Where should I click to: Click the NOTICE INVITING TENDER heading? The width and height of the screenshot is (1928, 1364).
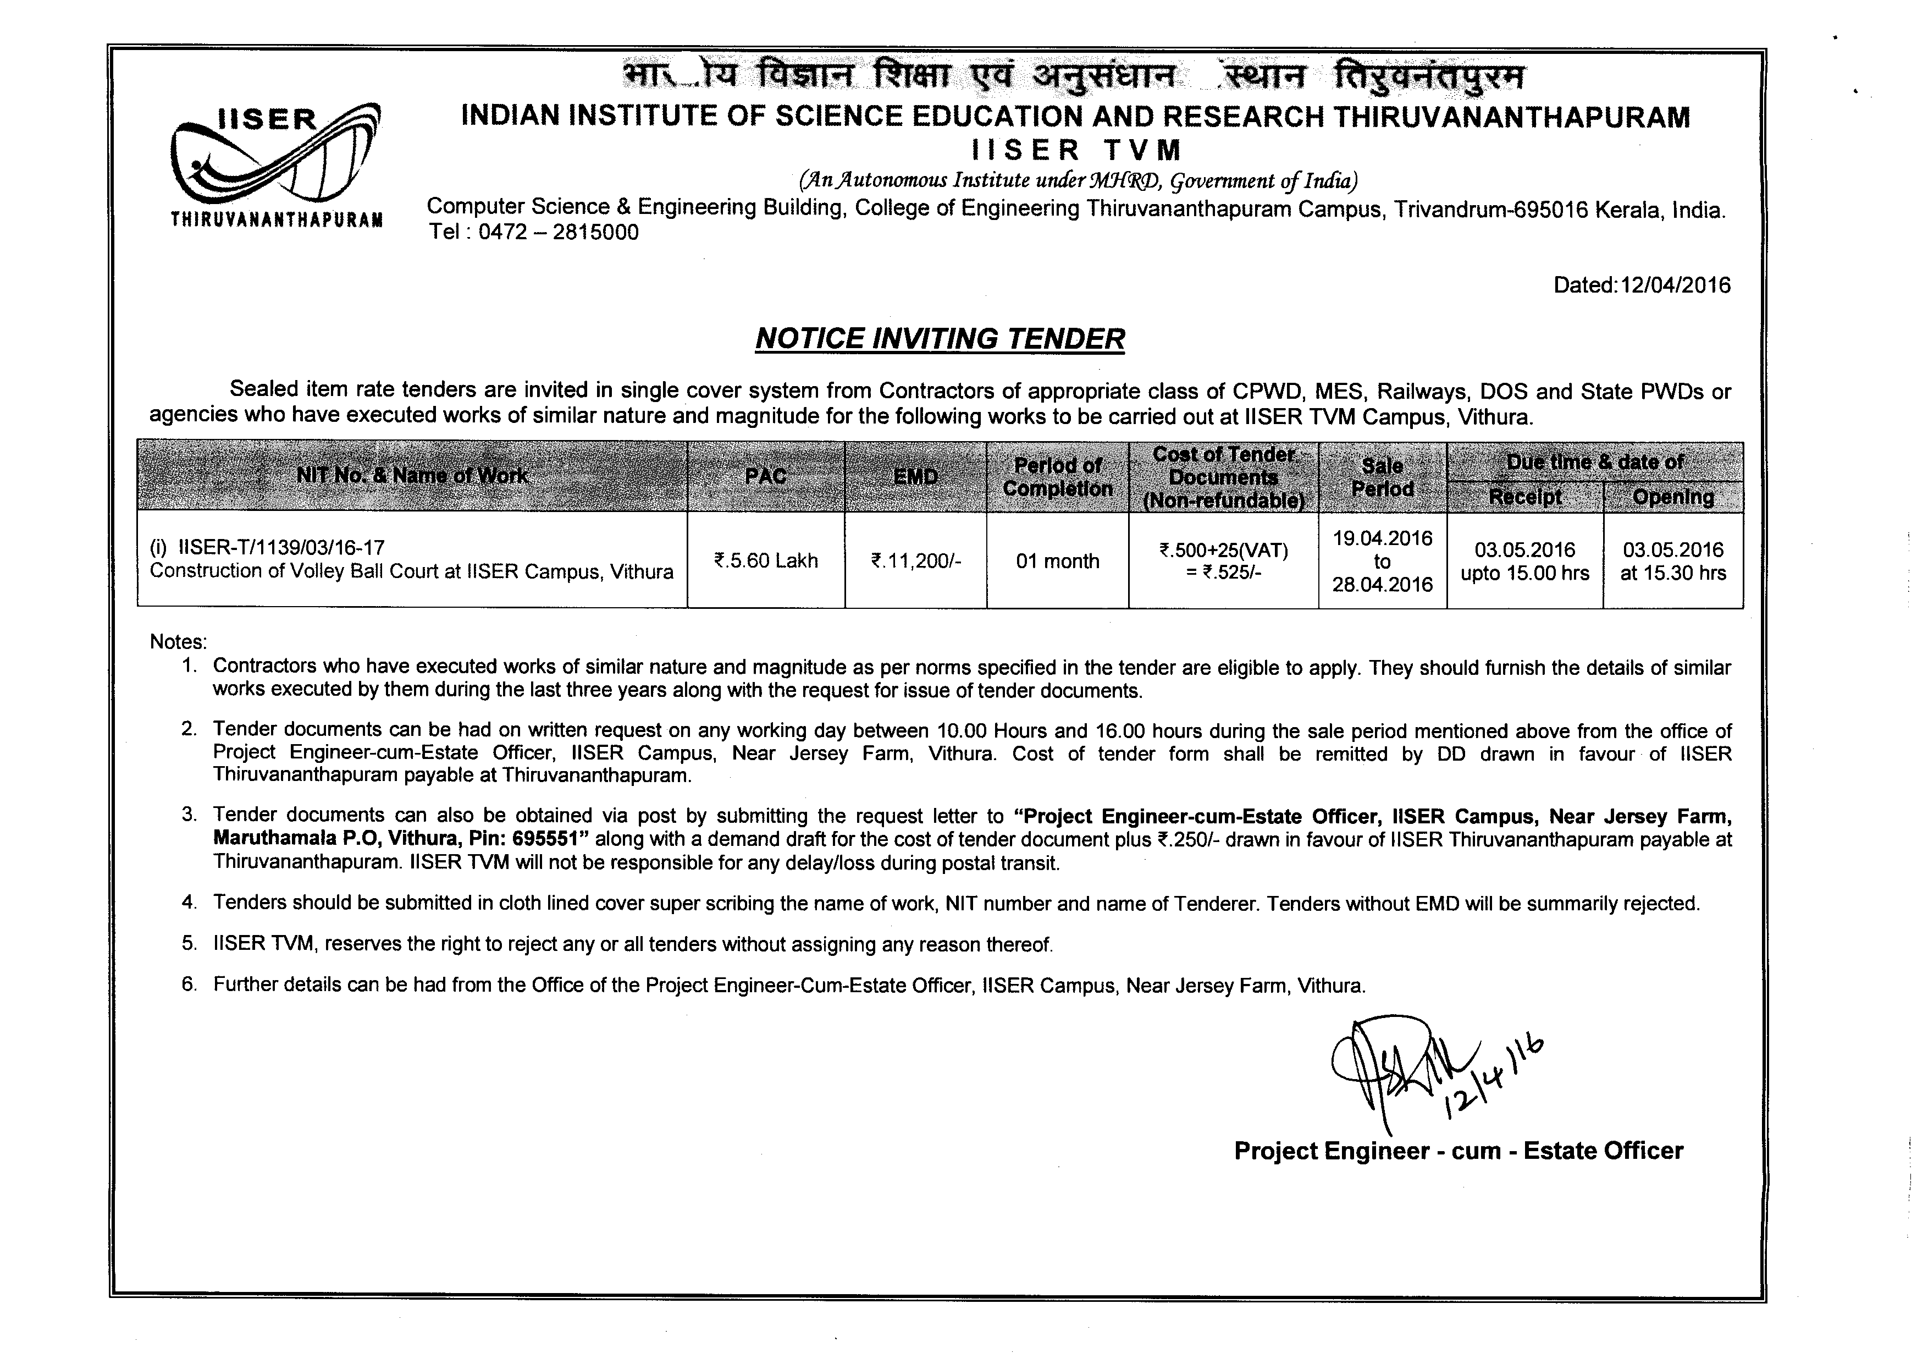(940, 338)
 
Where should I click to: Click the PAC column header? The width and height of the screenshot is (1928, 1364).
(766, 476)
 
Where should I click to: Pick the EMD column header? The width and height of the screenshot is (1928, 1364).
(915, 476)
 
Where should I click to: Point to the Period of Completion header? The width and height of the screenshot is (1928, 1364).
(1057, 476)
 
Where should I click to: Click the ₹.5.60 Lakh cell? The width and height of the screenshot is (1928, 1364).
(766, 560)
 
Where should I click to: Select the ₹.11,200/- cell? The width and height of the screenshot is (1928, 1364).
(915, 560)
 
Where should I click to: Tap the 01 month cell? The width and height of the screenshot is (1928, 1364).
(1057, 560)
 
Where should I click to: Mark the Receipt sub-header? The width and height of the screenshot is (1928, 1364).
(1525, 497)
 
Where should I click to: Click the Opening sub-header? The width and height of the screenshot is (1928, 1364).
(1673, 497)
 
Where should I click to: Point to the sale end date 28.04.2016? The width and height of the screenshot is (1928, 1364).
(1382, 585)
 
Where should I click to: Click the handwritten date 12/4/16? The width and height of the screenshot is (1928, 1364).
(1495, 1079)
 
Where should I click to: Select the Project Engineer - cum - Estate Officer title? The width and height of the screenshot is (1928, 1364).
(1459, 1151)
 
